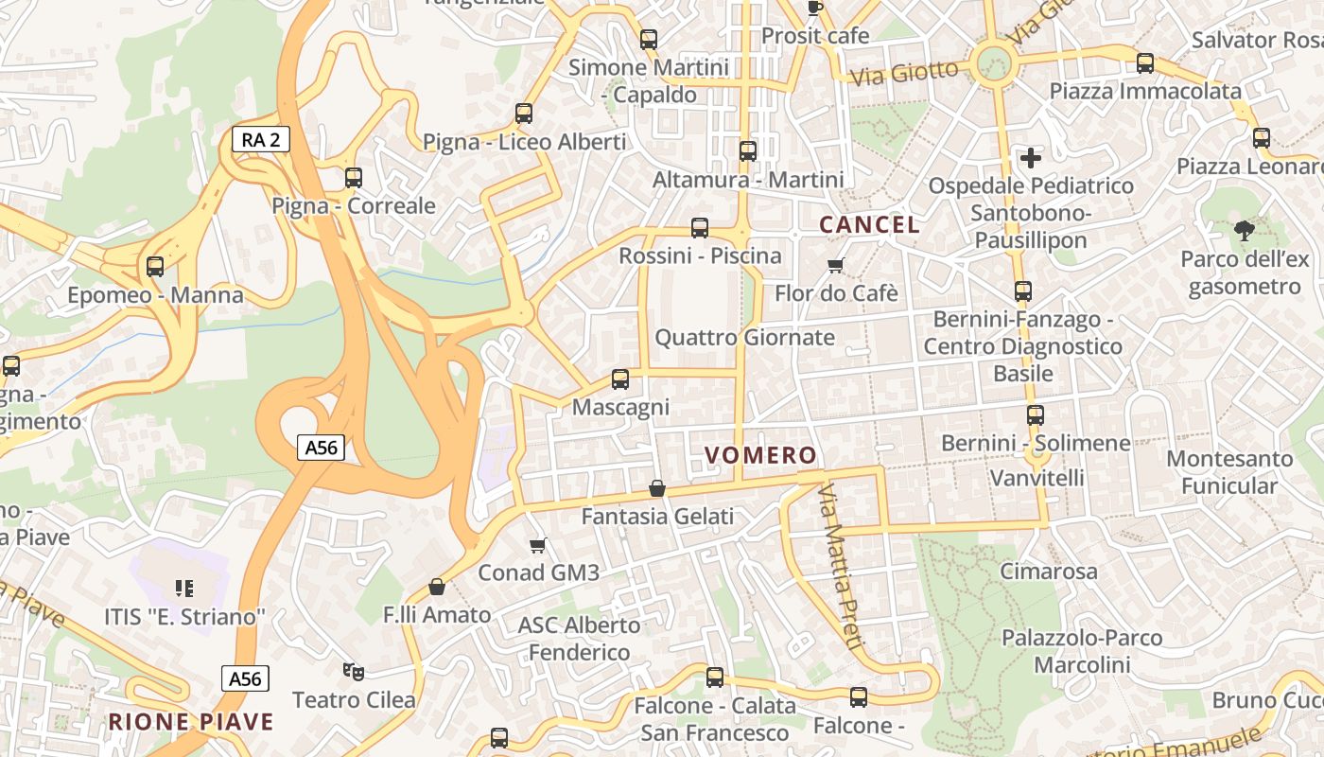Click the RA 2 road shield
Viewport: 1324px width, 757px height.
[261, 140]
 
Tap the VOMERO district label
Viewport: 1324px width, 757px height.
[760, 455]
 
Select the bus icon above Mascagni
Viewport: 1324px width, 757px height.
[620, 379]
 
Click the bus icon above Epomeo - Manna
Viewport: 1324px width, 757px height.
[155, 267]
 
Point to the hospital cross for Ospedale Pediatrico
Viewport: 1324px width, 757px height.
[1031, 157]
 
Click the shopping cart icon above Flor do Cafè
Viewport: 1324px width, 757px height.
[835, 265]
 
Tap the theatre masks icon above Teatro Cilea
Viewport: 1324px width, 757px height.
[354, 672]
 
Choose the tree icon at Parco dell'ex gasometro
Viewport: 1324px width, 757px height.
[1245, 230]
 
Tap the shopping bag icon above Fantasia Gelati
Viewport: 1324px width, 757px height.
[657, 488]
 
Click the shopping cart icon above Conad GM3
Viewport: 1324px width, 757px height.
[538, 545]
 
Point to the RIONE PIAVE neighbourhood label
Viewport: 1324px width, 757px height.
[191, 722]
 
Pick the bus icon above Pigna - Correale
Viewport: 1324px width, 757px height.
[354, 178]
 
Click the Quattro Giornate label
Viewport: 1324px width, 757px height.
[745, 338]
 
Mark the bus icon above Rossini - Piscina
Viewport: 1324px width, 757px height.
[700, 228]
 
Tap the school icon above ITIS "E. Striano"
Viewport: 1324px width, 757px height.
[184, 589]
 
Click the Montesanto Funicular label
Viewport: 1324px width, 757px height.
[1229, 472]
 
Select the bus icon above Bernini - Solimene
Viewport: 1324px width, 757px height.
[1036, 415]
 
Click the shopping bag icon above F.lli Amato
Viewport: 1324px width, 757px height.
[437, 587]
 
